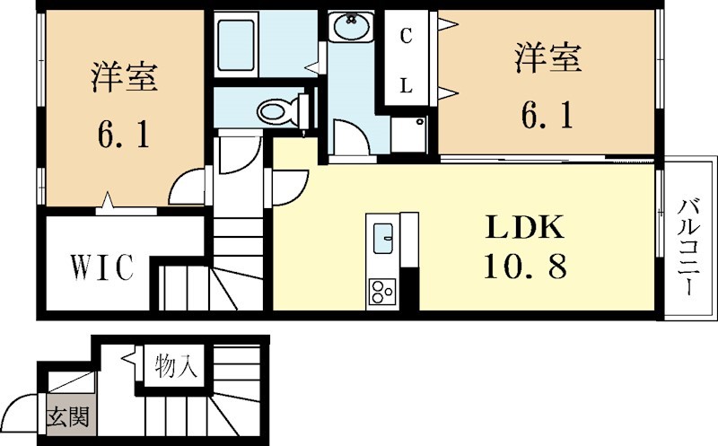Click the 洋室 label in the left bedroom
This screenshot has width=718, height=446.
pyautogui.click(x=124, y=79)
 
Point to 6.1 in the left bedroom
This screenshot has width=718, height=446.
pyautogui.click(x=124, y=136)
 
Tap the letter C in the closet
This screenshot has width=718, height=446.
pyautogui.click(x=406, y=37)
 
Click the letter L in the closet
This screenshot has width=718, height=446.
pyautogui.click(x=406, y=87)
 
